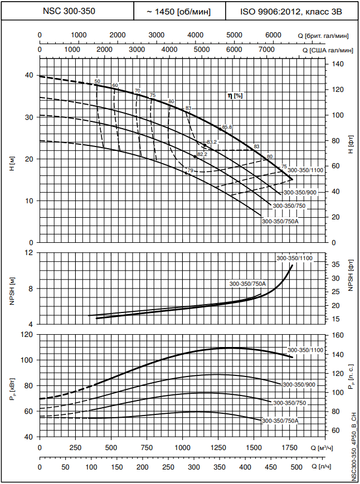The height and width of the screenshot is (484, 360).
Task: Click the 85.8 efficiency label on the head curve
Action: point(226,128)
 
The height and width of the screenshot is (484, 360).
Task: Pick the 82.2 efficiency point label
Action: point(202,154)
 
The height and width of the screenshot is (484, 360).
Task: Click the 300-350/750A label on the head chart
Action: point(280,221)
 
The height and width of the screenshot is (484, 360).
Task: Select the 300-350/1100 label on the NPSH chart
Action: point(294,258)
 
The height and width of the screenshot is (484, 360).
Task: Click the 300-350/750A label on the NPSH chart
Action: point(248,283)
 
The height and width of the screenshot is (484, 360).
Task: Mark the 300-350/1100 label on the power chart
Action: point(305,350)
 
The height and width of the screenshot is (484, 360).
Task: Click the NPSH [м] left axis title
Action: point(12,289)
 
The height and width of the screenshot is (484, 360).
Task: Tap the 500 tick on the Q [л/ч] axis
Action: point(296,467)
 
